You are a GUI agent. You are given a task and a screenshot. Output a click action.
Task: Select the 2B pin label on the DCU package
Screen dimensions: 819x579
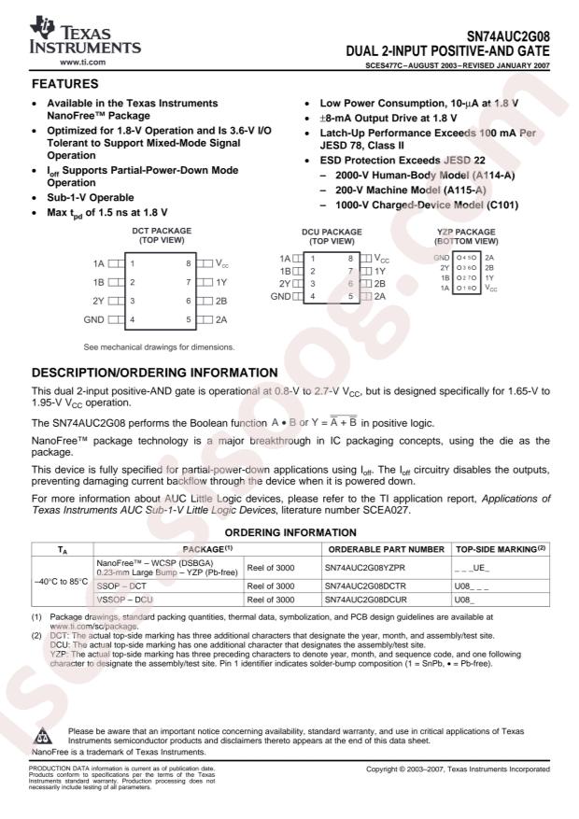(380, 282)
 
